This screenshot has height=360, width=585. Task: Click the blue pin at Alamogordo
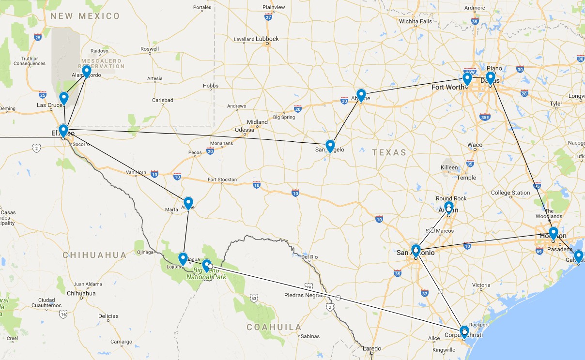tap(87, 72)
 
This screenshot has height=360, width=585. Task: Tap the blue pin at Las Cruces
tap(63, 98)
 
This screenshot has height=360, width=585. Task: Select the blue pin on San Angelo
tap(330, 146)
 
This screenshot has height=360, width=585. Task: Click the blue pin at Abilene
tap(361, 95)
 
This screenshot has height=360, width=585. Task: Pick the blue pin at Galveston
tap(578, 256)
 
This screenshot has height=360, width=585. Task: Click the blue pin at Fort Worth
tap(467, 78)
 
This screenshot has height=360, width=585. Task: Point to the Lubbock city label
tap(267, 39)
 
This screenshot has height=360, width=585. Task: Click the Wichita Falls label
tap(416, 21)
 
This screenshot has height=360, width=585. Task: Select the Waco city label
tap(475, 145)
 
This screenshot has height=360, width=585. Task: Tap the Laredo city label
tap(372, 348)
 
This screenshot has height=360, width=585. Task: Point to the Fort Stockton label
tap(222, 180)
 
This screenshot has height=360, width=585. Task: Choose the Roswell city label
tap(149, 49)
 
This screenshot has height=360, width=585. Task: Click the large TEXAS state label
tap(389, 152)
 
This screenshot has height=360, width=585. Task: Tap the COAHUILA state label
tap(274, 327)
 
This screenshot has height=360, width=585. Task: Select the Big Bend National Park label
tap(210, 274)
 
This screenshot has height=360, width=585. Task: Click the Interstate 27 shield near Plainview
tap(268, 17)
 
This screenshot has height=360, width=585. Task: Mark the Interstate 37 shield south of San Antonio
tap(425, 293)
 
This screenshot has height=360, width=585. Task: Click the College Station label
tap(510, 193)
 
